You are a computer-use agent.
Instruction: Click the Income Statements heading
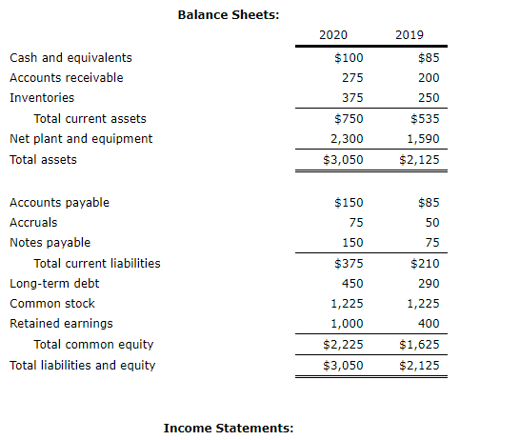coord(229,429)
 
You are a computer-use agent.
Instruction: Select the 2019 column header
coord(410,35)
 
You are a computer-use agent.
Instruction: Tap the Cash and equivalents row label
coord(70,57)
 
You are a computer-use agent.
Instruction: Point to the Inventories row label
coord(42,97)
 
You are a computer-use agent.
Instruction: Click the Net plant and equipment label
coord(80,138)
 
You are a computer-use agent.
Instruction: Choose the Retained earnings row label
coord(61,323)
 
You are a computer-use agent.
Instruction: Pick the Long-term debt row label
coord(54,283)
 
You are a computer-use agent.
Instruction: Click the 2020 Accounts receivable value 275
coord(352,77)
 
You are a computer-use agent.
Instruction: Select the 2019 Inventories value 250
coord(429,97)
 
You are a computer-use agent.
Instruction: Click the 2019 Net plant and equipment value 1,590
coord(422,138)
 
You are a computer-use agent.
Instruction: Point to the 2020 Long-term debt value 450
coord(352,283)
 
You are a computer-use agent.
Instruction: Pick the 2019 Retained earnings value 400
coord(429,323)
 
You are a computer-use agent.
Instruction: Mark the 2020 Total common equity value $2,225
coord(343,344)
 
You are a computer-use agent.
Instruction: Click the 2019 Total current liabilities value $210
coord(425,263)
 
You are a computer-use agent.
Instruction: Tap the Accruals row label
coord(33,222)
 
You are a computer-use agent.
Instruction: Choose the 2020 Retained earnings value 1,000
coord(347,323)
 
